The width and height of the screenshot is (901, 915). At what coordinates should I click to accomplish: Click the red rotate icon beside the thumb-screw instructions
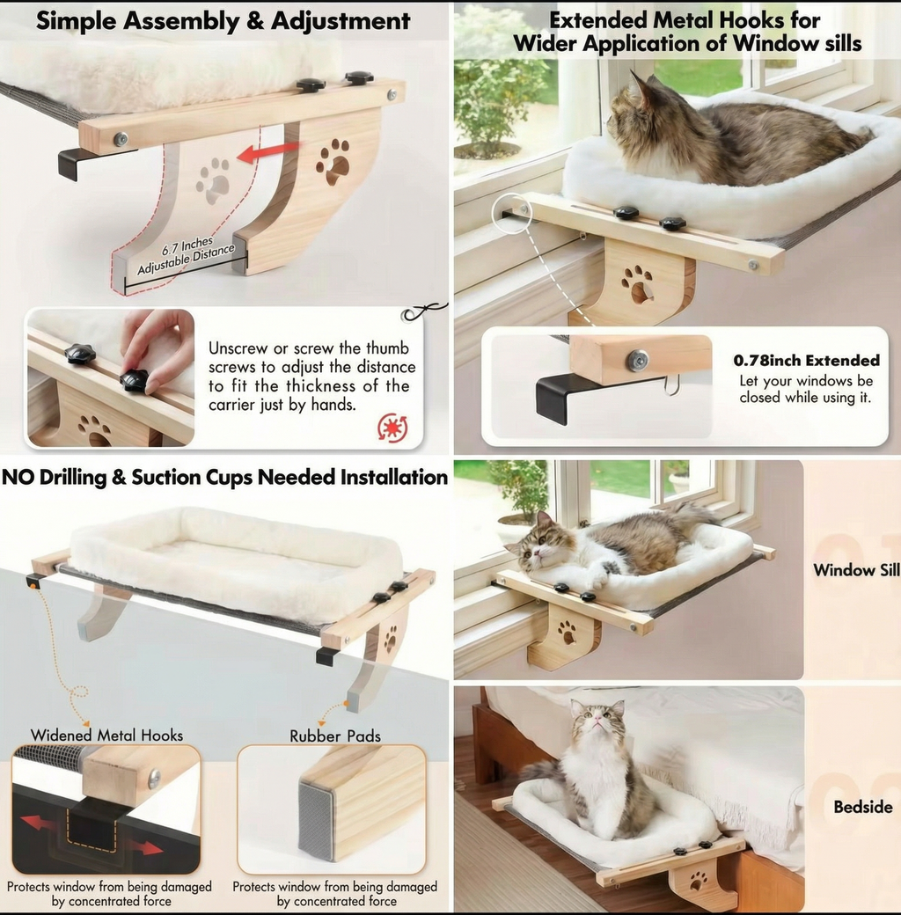[x=392, y=428]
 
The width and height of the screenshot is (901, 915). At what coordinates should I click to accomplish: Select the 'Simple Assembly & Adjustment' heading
[x=223, y=21]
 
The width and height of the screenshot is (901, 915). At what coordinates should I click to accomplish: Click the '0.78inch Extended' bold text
[x=807, y=360]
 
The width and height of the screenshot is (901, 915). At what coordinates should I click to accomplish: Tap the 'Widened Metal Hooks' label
[x=106, y=735]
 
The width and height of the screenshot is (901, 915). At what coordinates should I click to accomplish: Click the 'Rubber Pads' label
[x=335, y=736]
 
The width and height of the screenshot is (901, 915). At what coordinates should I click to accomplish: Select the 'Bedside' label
[x=863, y=807]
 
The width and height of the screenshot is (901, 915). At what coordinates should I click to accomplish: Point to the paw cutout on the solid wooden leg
[x=333, y=160]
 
